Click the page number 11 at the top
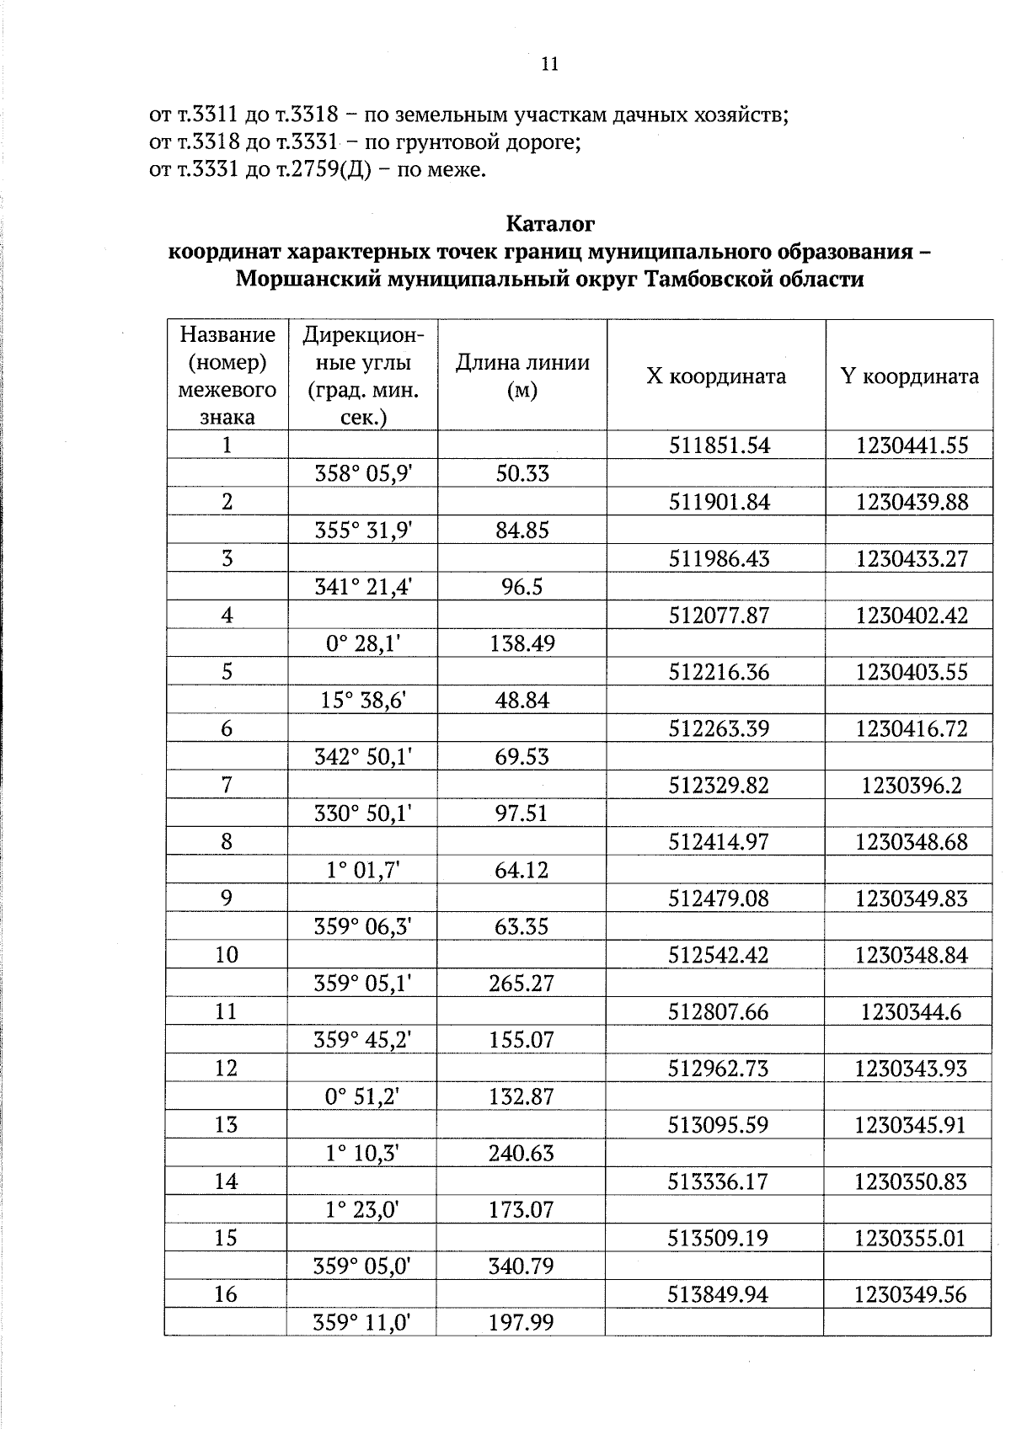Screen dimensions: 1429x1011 tap(549, 64)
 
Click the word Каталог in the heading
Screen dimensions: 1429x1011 tap(550, 224)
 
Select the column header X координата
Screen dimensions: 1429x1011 tap(716, 376)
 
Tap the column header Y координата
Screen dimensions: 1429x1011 tap(910, 376)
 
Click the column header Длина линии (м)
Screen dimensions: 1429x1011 tap(522, 376)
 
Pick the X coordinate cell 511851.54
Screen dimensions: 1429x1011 tap(719, 445)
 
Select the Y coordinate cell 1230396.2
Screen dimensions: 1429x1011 tap(912, 786)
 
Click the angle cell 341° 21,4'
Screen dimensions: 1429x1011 tap(363, 587)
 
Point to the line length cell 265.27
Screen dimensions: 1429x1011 tap(522, 984)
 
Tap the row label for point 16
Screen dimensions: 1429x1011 tap(226, 1294)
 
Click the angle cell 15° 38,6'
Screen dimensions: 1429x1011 tap(363, 701)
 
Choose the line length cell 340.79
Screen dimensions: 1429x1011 tap(522, 1266)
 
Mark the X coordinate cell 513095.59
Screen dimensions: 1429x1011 tap(719, 1125)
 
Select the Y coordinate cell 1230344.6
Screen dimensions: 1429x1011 tap(911, 1012)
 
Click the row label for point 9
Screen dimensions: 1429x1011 tap(226, 898)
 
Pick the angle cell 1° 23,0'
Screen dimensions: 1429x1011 tap(362, 1210)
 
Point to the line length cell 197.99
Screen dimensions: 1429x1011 tap(522, 1323)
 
